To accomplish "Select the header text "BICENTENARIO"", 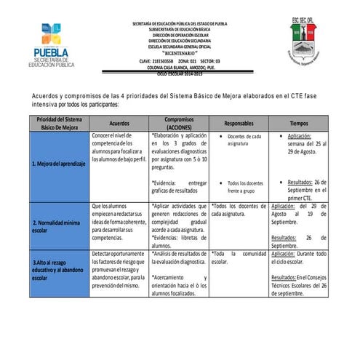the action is coord(178,54).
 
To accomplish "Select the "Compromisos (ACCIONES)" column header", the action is coord(178,124).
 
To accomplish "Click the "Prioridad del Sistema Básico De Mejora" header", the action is coord(59,124).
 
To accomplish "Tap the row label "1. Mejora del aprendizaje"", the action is coord(59,164).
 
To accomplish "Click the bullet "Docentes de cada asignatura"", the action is coord(244,140).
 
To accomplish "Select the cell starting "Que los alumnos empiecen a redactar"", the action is coord(119,223).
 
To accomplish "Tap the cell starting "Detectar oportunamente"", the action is coord(119,269).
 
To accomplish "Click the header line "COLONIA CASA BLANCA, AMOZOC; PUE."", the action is coord(178,67).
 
